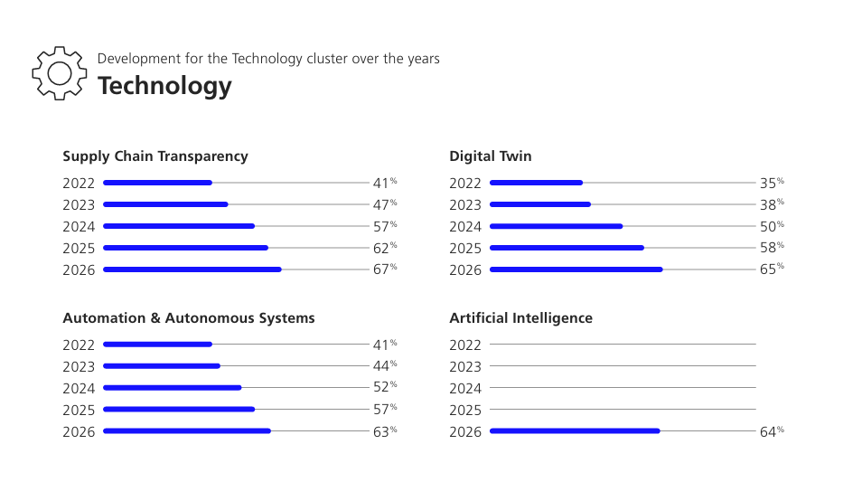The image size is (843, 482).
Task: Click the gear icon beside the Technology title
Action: [x=59, y=58]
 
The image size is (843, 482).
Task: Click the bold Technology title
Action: [x=164, y=86]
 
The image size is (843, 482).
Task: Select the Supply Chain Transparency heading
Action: [x=155, y=156]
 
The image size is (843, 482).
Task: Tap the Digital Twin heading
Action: [x=491, y=156]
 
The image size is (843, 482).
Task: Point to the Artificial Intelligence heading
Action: [x=521, y=318]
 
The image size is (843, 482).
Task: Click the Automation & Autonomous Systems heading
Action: [x=189, y=318]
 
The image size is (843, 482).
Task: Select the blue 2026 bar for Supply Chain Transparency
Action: [x=192, y=269]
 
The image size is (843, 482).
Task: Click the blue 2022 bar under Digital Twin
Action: [x=536, y=183]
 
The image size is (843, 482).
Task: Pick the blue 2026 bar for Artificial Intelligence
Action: [x=575, y=430]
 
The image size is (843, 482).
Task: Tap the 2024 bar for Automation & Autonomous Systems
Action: [x=173, y=388]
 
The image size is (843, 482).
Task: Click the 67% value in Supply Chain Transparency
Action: [x=385, y=269]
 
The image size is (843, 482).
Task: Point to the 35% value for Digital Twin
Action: [x=772, y=183]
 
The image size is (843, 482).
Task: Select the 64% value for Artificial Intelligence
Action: [x=772, y=431]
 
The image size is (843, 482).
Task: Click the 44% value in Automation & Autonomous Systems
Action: [x=385, y=366]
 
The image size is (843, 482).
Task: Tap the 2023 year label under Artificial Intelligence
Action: [x=465, y=367]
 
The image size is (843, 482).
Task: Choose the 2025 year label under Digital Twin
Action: [x=465, y=249]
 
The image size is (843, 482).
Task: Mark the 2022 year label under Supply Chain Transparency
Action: [x=79, y=184]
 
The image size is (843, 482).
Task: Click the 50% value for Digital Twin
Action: [x=772, y=226]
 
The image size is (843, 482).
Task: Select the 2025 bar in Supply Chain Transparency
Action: [x=186, y=248]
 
